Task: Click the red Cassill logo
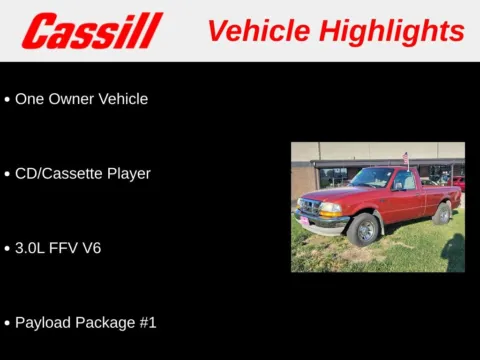tap(92, 31)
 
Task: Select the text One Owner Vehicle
tap(81, 99)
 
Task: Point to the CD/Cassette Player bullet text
tap(82, 173)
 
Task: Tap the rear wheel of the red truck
tap(442, 213)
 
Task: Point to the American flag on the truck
tap(405, 158)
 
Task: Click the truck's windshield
tap(372, 178)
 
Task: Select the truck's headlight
tap(329, 207)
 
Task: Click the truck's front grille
tap(309, 207)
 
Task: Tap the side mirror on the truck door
tap(398, 186)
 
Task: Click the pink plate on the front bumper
tap(303, 220)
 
